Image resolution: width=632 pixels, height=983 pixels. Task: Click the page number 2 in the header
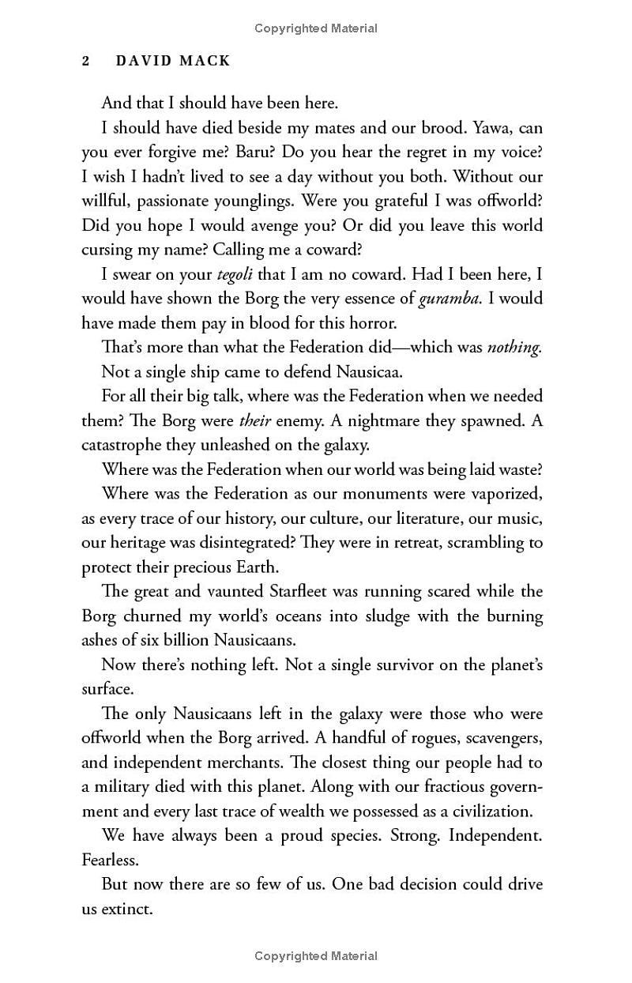tap(86, 61)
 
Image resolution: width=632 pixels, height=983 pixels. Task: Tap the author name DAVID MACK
tap(173, 61)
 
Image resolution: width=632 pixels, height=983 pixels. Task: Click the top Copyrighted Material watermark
tap(316, 28)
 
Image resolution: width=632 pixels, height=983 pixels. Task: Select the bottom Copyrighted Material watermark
tap(316, 956)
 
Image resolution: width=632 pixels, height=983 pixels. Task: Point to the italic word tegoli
tap(238, 274)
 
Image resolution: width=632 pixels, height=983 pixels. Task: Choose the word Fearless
tap(111, 860)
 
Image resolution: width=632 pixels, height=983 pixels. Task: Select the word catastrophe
tap(125, 445)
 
